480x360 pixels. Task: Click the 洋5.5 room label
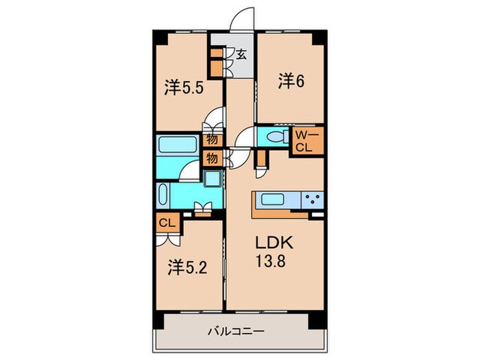(x=184, y=87)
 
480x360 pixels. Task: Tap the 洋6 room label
(x=291, y=81)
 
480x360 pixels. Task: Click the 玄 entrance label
(x=241, y=53)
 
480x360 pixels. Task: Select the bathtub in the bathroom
(x=178, y=145)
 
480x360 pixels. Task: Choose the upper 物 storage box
(x=213, y=139)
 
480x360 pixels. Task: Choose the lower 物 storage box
(x=213, y=158)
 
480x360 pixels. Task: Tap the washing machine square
(x=213, y=180)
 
